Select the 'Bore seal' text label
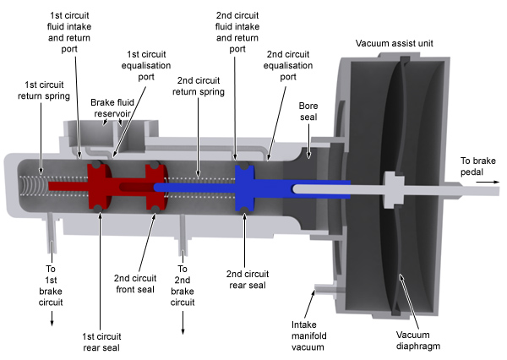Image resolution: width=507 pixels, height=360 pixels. [308, 112]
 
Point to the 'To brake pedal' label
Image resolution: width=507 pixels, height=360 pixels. [478, 166]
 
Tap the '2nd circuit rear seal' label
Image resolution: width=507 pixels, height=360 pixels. [245, 280]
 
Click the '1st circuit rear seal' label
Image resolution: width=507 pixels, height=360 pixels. [100, 330]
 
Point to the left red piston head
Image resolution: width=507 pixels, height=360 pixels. [100, 185]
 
